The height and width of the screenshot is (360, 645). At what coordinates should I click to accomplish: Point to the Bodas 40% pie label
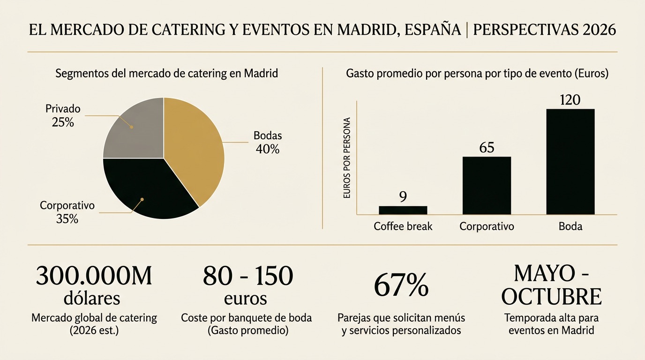268,142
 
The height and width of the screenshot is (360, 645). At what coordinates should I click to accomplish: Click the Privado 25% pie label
63,116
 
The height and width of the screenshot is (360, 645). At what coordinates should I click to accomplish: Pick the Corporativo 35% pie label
67,212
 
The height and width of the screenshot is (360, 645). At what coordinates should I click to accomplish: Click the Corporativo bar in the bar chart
487,185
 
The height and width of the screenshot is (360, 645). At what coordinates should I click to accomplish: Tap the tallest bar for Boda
570,162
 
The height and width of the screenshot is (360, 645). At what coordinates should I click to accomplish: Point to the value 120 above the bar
570,100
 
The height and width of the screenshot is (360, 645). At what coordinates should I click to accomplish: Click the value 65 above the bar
487,148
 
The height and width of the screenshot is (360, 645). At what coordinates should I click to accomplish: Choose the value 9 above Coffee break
403,197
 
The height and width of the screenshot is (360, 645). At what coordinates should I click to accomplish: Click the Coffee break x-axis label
403,226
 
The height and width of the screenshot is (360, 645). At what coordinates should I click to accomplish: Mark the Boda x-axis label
570,226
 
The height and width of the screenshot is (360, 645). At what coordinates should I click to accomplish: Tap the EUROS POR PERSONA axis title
347,157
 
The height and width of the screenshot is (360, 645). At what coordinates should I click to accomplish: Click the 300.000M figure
94,276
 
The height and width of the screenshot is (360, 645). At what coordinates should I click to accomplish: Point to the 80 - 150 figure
248,276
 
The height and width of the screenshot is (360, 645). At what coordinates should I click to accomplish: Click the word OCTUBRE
551,296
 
